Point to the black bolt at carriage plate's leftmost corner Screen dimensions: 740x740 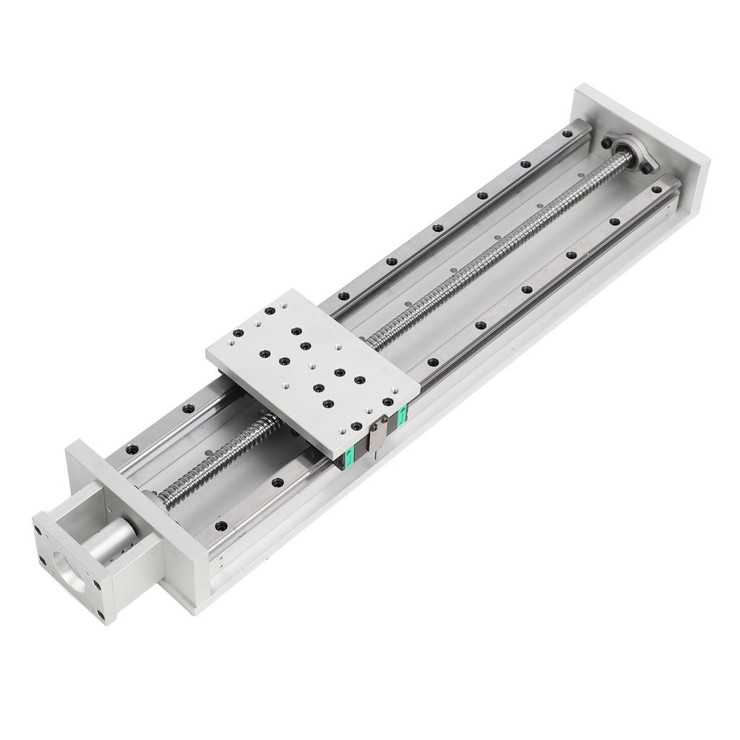pos(238,333)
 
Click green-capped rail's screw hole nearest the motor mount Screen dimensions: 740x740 pos(220,525)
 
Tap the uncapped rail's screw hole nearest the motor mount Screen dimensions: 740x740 pos(131,449)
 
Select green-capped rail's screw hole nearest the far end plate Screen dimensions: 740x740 pos(656,189)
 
